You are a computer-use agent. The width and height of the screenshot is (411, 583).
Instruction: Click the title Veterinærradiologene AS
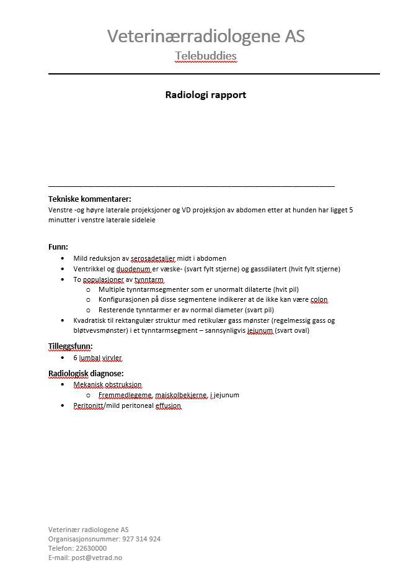206,36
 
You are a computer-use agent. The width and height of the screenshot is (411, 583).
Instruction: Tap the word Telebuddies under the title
206,56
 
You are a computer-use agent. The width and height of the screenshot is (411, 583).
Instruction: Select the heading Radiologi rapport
205,95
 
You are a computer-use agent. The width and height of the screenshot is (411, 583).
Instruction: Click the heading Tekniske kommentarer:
90,199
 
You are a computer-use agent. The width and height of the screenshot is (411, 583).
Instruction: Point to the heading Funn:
58,246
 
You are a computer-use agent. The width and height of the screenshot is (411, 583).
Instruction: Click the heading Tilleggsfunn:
71,346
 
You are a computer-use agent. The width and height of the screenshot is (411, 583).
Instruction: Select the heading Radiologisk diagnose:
86,373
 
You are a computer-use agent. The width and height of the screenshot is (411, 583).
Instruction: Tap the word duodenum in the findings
133,269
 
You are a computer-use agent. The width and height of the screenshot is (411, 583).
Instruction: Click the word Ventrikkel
91,269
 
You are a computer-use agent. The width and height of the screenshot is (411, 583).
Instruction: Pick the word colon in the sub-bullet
319,299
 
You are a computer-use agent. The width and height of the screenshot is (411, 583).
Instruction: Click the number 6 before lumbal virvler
76,358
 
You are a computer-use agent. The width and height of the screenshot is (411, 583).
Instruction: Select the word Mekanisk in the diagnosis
88,385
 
